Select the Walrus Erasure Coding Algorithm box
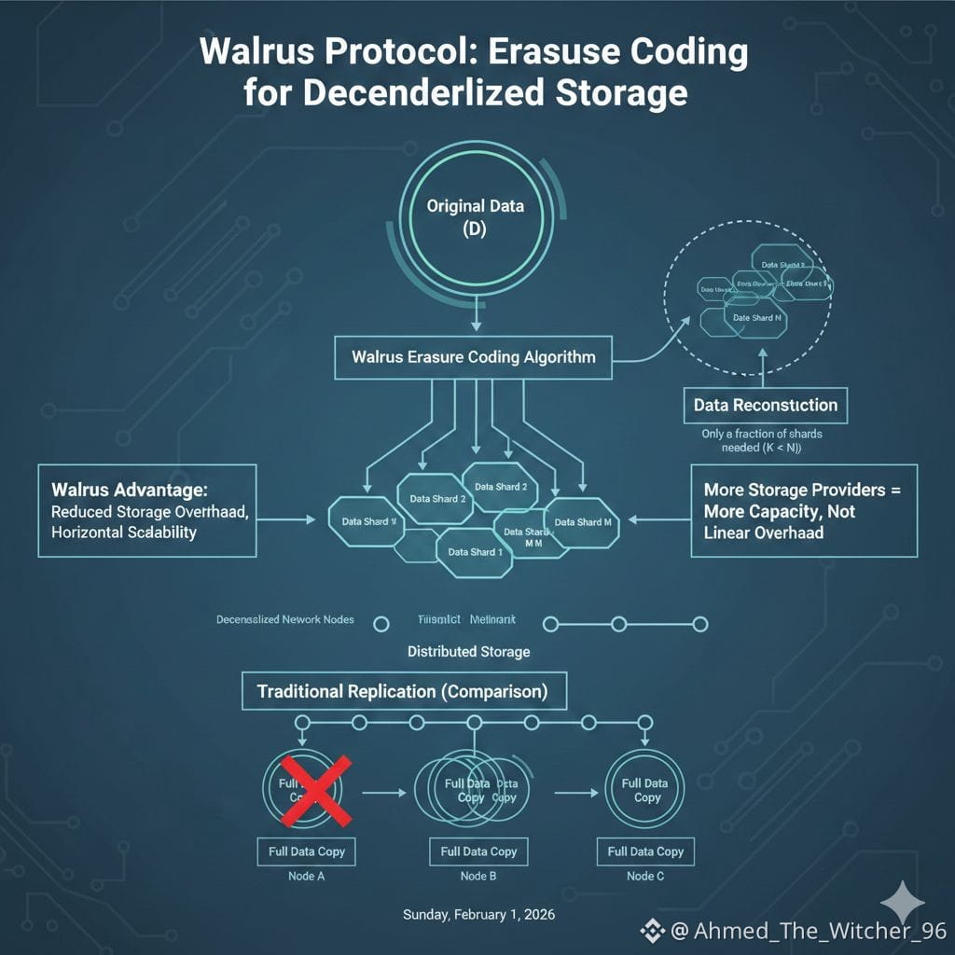click(x=473, y=356)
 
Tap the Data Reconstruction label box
click(x=766, y=405)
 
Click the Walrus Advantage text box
click(x=146, y=510)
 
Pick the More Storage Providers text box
click(x=804, y=510)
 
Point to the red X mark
click(x=315, y=791)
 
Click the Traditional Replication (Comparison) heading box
click(x=402, y=692)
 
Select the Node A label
click(x=306, y=876)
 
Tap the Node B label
click(x=478, y=876)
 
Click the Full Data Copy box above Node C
click(x=645, y=851)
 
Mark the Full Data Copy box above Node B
click(x=478, y=851)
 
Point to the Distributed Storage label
click(x=468, y=651)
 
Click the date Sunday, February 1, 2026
click(x=478, y=915)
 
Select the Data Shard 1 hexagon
click(x=474, y=552)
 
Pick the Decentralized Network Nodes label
click(x=284, y=620)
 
